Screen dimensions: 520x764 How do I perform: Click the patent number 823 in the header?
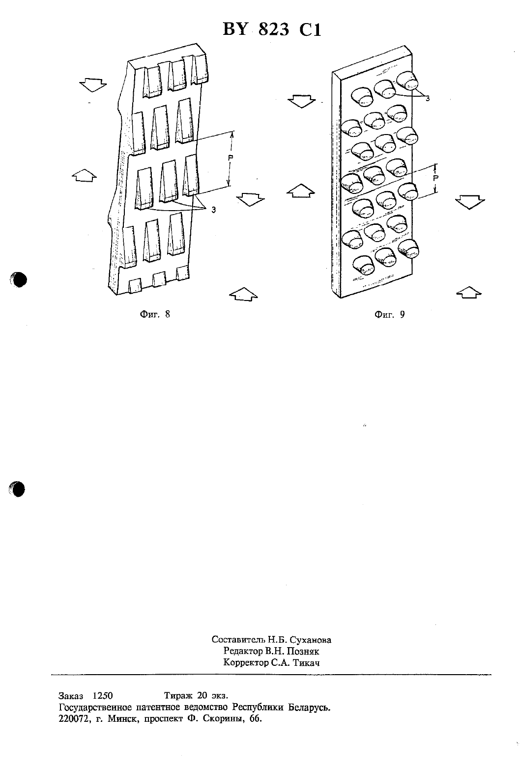pos(273,30)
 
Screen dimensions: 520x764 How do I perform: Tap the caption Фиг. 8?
pos(155,314)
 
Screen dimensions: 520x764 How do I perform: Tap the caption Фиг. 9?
pos(390,314)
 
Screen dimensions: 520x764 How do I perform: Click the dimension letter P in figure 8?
pos(231,158)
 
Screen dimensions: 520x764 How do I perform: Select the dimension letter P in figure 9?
pos(435,178)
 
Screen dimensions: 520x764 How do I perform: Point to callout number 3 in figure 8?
pos(213,210)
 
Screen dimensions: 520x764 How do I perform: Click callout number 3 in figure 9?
pos(427,99)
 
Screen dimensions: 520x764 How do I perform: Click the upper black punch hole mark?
pos(19,279)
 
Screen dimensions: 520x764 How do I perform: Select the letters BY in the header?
pos(235,30)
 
